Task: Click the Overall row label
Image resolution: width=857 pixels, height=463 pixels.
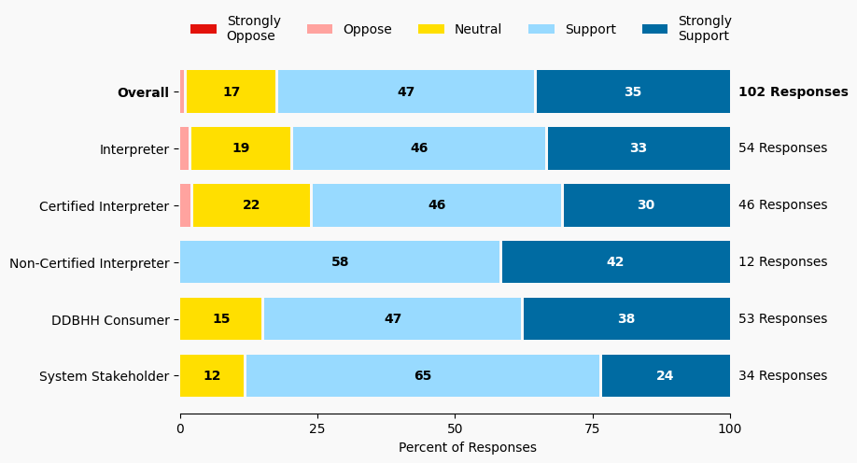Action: tap(143, 92)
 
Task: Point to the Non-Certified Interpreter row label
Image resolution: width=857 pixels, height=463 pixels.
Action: tap(90, 263)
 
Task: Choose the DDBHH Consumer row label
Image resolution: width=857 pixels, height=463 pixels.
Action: tap(110, 320)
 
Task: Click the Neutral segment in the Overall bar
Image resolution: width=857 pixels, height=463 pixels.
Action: tap(232, 91)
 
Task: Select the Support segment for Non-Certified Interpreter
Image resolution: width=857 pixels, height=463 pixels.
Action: tap(340, 262)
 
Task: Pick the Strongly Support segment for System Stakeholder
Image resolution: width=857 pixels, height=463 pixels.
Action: tap(665, 376)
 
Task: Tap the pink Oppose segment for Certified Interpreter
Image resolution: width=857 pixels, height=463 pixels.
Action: tap(185, 205)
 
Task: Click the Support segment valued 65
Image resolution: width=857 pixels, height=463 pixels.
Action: tap(423, 376)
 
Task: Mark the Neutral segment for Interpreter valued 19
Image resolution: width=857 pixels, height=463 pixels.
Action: tap(241, 148)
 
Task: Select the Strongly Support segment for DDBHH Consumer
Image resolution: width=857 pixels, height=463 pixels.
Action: tap(625, 319)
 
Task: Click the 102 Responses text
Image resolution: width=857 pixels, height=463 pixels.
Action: tap(793, 92)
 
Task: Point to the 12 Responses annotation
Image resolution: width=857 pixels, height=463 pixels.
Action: tap(782, 262)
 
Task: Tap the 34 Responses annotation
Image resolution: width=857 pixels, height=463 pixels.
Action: tap(782, 376)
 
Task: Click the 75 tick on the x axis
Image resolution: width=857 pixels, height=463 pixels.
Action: tap(593, 428)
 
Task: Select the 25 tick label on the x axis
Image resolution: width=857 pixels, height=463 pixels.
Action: tap(317, 428)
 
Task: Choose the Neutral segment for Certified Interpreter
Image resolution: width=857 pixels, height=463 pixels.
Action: tap(251, 205)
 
